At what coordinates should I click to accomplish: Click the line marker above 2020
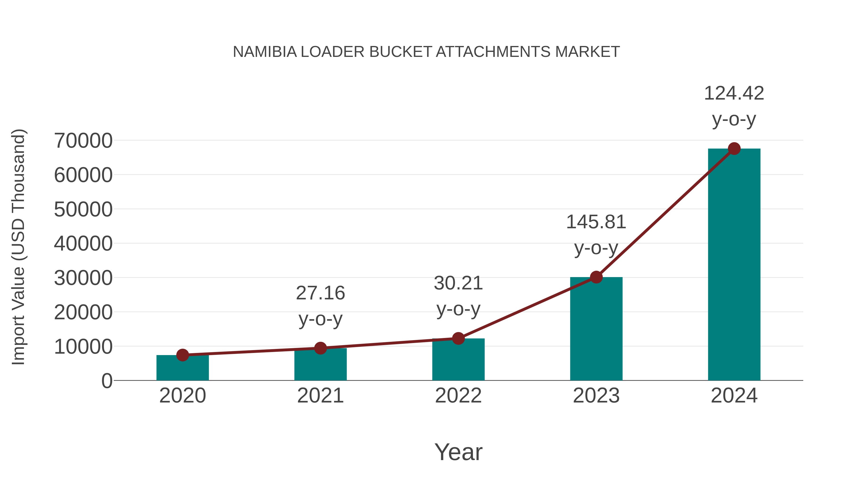tap(182, 355)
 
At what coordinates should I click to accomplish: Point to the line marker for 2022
tap(458, 338)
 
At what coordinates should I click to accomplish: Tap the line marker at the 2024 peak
tap(734, 149)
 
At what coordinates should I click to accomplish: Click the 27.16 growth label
tap(320, 293)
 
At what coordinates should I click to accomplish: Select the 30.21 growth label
tap(458, 283)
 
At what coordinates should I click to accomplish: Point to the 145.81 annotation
tap(596, 222)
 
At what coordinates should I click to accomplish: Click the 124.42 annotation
tap(734, 93)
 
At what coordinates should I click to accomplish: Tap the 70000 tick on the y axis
tap(83, 141)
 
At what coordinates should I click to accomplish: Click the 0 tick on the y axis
tap(107, 381)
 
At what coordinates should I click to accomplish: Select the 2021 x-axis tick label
tap(320, 396)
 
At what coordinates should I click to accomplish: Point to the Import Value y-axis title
tap(18, 247)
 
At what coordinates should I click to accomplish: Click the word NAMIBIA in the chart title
tap(265, 52)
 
